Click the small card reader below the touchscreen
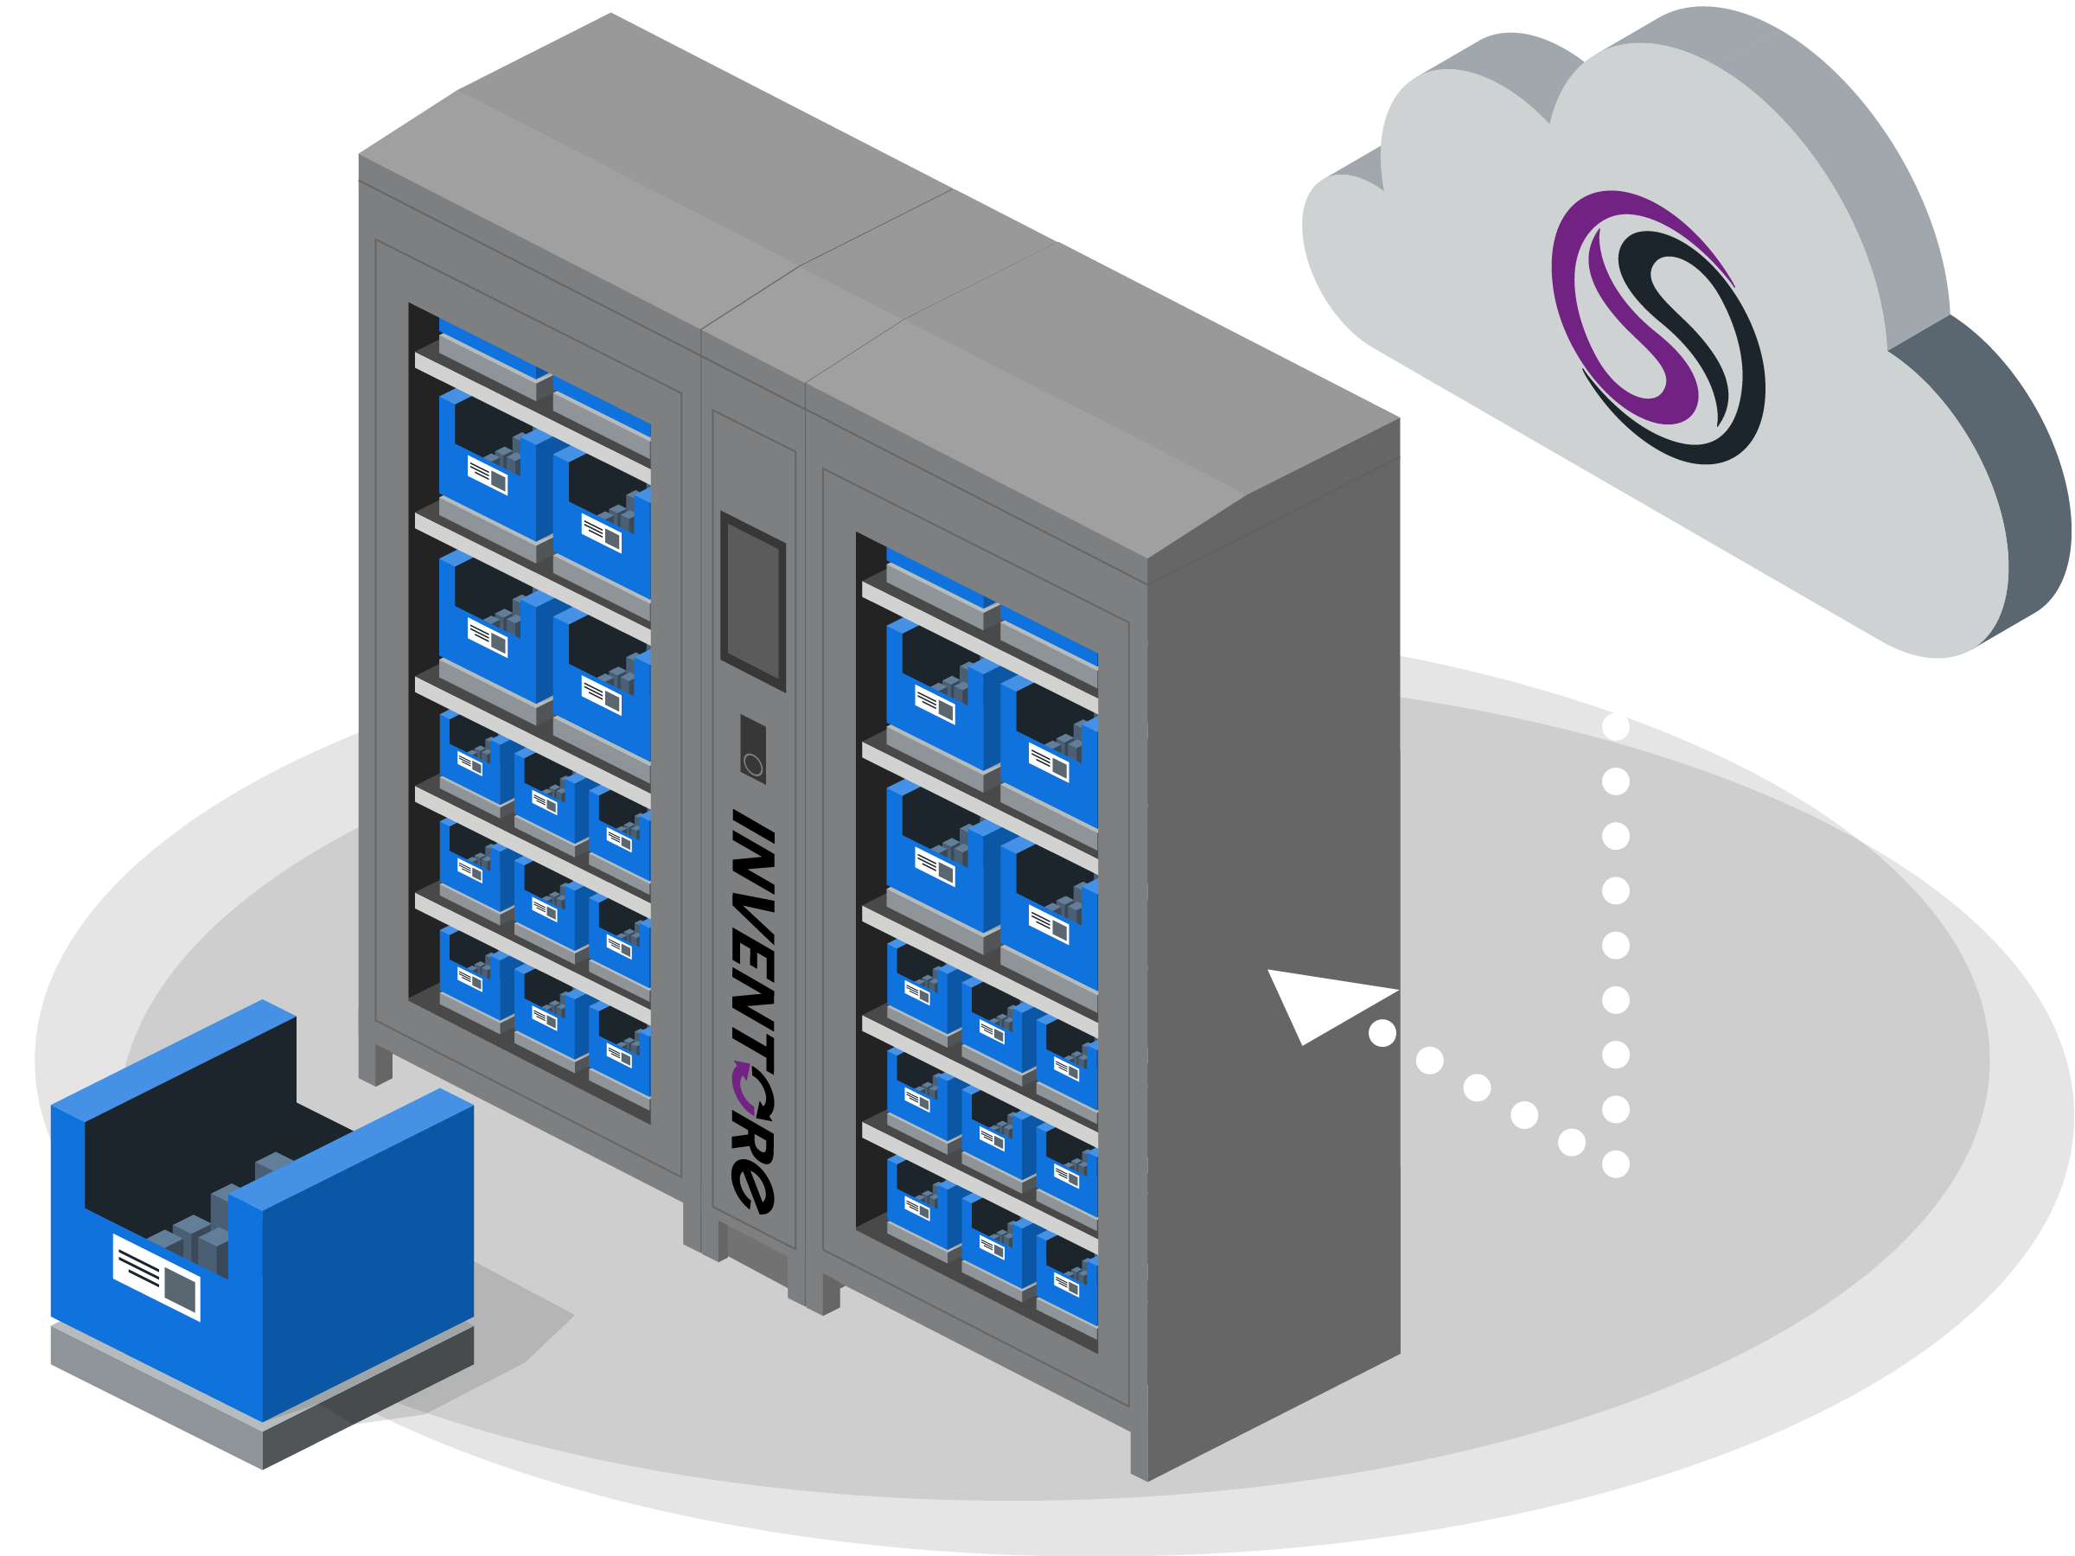752,749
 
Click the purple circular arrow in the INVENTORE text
749,1088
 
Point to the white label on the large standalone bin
156,1277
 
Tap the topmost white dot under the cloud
1615,727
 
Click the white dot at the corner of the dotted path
1615,1164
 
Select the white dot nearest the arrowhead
1382,1033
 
